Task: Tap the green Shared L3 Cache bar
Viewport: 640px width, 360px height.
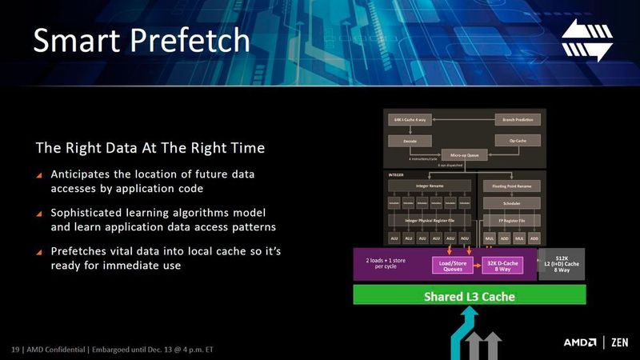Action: point(470,297)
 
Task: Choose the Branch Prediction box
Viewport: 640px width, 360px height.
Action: point(518,119)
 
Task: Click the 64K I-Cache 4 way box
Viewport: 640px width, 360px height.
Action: point(410,119)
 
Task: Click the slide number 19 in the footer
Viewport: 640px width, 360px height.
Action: point(14,350)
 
